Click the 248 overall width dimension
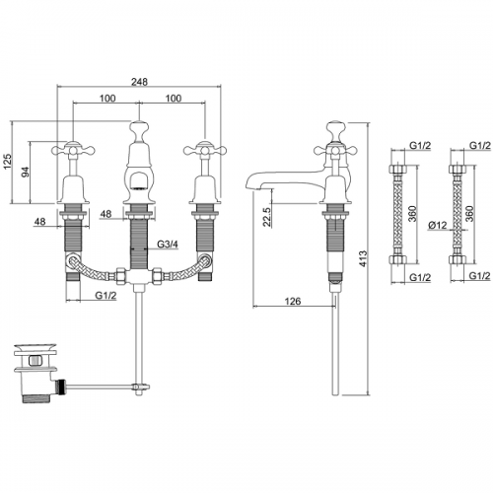(x=139, y=82)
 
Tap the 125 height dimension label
(x=7, y=162)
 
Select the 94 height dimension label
(x=26, y=172)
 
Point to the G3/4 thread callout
(x=168, y=245)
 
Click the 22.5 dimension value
(x=267, y=217)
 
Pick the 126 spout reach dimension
(x=292, y=301)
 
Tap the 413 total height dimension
(x=363, y=258)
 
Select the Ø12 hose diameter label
(x=438, y=225)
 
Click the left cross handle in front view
(x=73, y=151)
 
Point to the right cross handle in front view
(x=205, y=151)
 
